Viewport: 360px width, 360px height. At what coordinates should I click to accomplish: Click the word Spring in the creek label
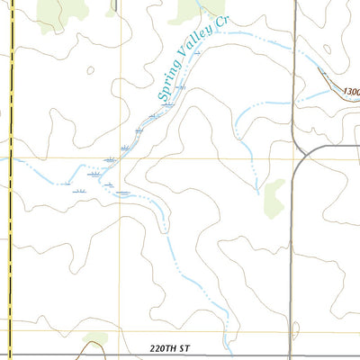166,87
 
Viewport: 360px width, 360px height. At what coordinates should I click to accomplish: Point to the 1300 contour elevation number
351,91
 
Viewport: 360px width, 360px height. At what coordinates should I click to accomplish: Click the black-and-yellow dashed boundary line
8,180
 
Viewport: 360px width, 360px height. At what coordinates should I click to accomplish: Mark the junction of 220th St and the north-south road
292,331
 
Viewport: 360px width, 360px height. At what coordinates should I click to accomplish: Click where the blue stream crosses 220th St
231,331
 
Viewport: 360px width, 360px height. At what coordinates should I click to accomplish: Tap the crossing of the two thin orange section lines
121,158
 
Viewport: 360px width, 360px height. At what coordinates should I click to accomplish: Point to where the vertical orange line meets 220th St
121,331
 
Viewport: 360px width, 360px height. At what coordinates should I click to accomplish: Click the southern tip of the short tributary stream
258,192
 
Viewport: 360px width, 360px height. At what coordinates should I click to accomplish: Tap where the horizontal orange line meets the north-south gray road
293,158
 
